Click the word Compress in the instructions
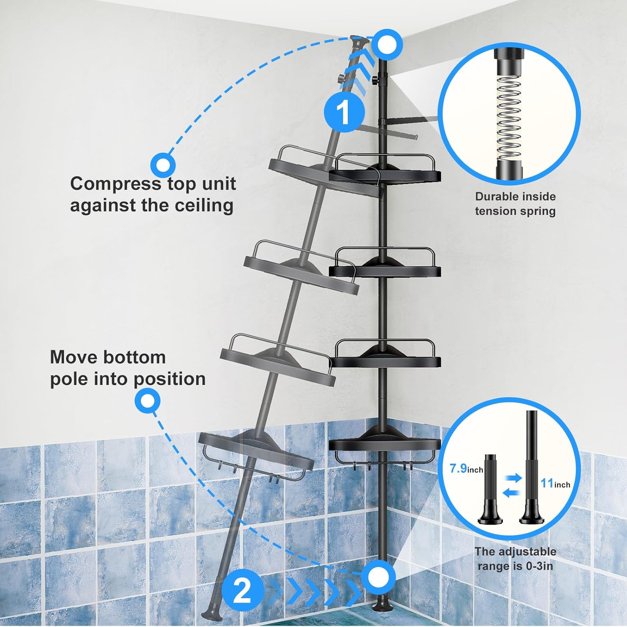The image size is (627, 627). coord(115,184)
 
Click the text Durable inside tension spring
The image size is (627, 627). coord(515,204)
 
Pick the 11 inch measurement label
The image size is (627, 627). coord(555,484)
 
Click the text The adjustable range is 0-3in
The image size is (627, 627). coord(515,559)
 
